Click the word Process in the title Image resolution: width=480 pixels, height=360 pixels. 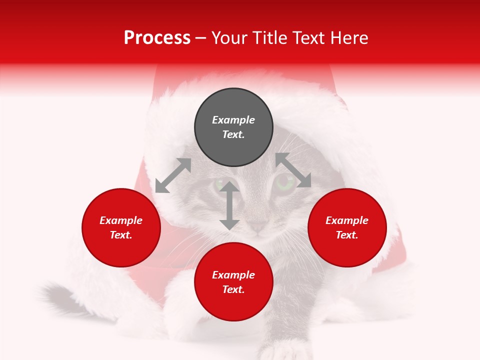pyautogui.click(x=157, y=38)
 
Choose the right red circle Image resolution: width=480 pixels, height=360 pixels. pyautogui.click(x=347, y=245)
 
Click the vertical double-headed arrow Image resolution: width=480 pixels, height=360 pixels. pyautogui.click(x=229, y=205)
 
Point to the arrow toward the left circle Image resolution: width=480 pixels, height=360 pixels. pyautogui.click(x=173, y=175)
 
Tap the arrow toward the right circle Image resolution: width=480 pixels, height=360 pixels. pyautogui.click(x=293, y=170)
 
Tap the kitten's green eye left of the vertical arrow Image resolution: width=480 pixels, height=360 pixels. pyautogui.click(x=219, y=184)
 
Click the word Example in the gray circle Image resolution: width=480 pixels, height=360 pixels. pyautogui.click(x=233, y=120)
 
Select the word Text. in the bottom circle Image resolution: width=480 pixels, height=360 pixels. pyautogui.click(x=233, y=289)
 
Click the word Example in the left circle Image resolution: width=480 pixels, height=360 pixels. pyautogui.click(x=121, y=220)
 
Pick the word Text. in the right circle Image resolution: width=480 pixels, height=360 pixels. pyautogui.click(x=347, y=235)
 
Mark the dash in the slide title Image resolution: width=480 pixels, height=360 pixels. pyautogui.click(x=201, y=38)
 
